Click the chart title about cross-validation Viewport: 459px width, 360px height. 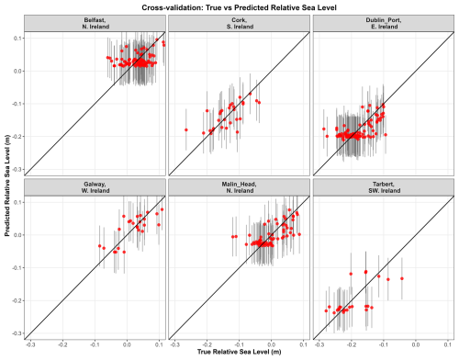click(x=239, y=7)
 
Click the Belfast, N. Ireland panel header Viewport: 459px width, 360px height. click(x=95, y=23)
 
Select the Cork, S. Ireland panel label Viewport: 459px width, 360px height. click(x=240, y=23)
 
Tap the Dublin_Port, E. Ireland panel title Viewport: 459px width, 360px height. click(x=384, y=23)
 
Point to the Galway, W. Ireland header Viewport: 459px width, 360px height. click(x=95, y=187)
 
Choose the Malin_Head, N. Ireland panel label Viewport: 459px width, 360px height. click(x=240, y=187)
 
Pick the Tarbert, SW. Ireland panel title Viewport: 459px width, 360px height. click(x=384, y=187)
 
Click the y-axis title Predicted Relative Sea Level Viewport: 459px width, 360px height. click(x=7, y=186)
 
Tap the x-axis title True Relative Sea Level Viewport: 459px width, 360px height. click(x=239, y=352)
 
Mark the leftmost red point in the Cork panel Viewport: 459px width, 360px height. click(x=186, y=129)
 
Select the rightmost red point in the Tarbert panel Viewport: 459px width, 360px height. click(x=402, y=278)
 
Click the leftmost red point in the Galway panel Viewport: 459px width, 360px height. click(x=99, y=246)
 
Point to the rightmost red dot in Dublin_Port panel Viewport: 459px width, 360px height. click(x=386, y=135)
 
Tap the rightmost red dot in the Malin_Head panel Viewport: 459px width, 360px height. click(x=299, y=234)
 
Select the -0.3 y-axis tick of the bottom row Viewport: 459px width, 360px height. click(x=17, y=333)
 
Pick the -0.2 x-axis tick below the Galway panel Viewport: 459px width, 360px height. click(x=62, y=344)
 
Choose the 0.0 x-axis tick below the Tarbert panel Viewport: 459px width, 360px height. click(x=416, y=344)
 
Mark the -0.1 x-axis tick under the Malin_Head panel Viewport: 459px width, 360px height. click(x=239, y=344)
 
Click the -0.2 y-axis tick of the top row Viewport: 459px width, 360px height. click(x=17, y=137)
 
